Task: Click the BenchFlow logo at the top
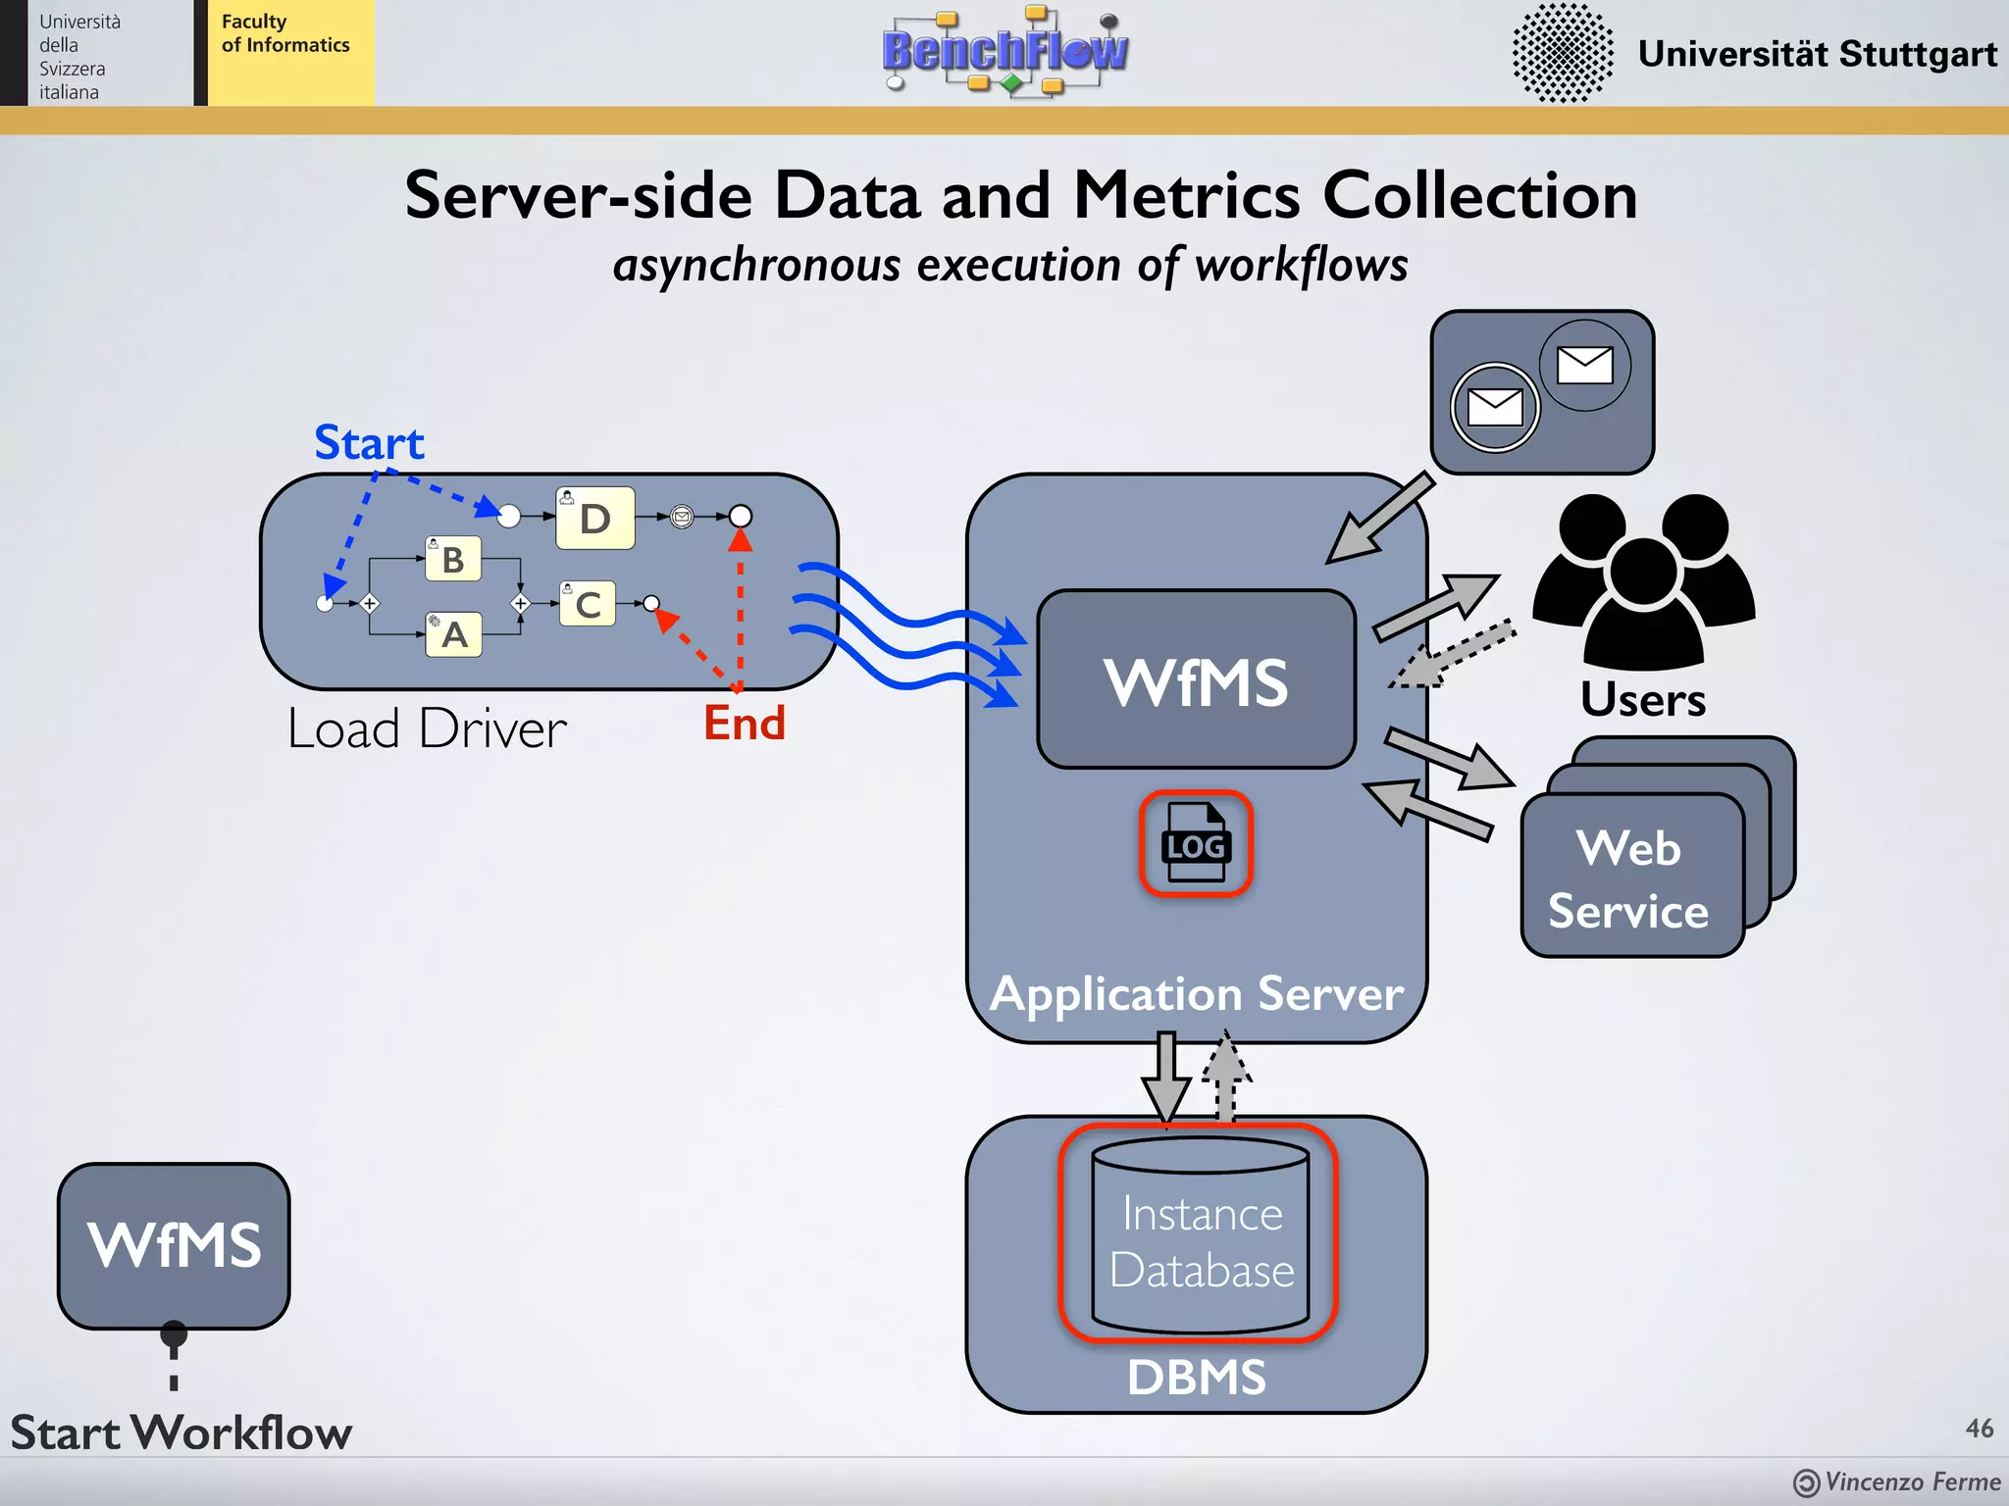1004,51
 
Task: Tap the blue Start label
369,443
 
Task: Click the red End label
744,724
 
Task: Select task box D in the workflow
595,518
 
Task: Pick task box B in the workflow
453,559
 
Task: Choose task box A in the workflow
454,634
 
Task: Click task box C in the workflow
588,604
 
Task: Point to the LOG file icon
1195,843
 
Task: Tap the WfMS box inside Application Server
1196,680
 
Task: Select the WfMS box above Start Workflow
174,1245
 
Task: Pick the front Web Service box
1630,877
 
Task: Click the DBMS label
1196,1377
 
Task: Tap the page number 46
1979,1428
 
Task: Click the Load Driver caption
427,729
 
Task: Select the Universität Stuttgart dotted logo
1562,53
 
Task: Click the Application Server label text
1196,994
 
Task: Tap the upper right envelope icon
1584,366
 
